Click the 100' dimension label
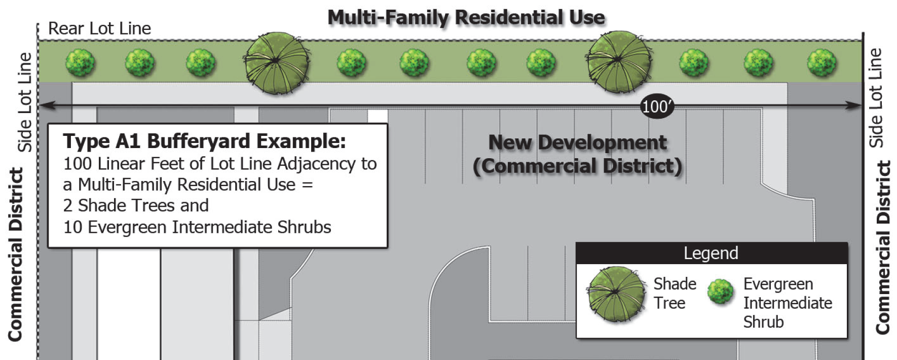[x=657, y=106]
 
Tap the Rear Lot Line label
[x=99, y=28]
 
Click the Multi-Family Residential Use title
[x=466, y=18]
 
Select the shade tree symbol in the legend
[x=617, y=294]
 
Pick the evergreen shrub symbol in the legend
[x=720, y=292]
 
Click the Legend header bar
[x=711, y=253]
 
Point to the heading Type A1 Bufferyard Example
[x=204, y=141]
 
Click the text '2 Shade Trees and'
[x=136, y=205]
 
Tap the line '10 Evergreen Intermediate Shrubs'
[x=197, y=227]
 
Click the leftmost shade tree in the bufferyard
[x=276, y=63]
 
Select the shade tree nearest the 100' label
[x=619, y=62]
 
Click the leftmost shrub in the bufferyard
[x=80, y=63]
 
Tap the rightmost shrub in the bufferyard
[x=821, y=63]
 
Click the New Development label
[x=577, y=142]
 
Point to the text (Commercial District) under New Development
[x=577, y=166]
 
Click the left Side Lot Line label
[x=25, y=101]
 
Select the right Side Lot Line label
[x=876, y=97]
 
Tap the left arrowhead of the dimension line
[x=43, y=105]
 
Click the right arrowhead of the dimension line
[x=856, y=105]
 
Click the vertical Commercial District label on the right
[x=883, y=247]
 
